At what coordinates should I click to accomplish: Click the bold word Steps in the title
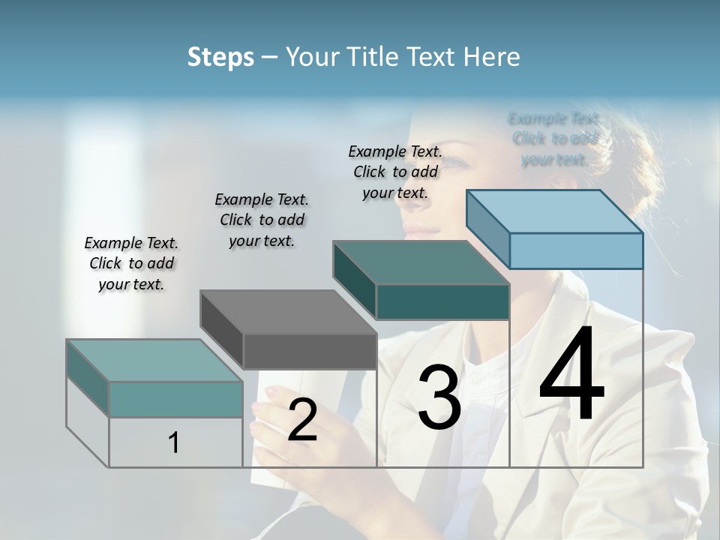[x=220, y=57]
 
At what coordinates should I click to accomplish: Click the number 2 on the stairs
[x=302, y=420]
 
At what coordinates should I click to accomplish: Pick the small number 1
[x=174, y=442]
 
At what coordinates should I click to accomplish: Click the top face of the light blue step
[x=554, y=211]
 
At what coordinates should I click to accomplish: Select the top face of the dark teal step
[x=421, y=262]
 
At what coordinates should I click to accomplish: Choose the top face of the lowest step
[x=154, y=361]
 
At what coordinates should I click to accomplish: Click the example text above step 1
[x=131, y=263]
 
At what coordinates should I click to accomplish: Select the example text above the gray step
[x=262, y=220]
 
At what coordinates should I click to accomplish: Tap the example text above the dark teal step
[x=395, y=172]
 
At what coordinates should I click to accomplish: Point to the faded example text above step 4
[x=554, y=139]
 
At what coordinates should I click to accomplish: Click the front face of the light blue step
[x=576, y=250]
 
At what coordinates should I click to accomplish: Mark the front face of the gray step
[x=310, y=351]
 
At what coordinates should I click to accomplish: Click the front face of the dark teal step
[x=442, y=301]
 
